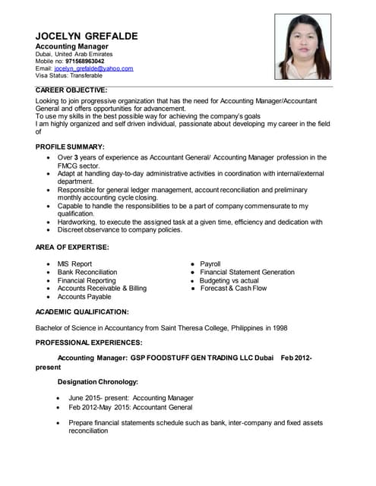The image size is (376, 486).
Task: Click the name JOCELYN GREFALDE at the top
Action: coord(92,36)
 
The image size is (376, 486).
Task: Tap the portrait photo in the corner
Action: coord(302,46)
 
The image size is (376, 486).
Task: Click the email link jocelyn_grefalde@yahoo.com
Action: coord(93,68)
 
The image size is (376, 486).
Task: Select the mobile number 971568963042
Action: coord(96,62)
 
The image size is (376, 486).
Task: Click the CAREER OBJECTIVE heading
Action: coord(71,90)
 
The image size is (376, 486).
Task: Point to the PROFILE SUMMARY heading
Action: coord(70,146)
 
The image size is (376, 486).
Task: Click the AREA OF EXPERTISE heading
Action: coord(71,248)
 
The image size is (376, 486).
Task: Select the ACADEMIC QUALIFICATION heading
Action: coord(82,311)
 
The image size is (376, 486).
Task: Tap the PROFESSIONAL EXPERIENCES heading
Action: coord(89,343)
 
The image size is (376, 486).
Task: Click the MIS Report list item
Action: coord(74,264)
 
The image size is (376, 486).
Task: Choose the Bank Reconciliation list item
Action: coord(87,272)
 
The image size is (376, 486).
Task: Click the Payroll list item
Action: coord(210,264)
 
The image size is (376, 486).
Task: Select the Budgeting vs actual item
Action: coord(229,280)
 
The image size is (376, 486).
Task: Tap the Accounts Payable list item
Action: coord(84,297)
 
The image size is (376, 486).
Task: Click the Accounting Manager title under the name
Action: coord(77,46)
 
